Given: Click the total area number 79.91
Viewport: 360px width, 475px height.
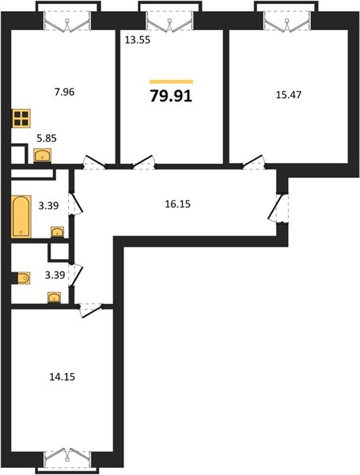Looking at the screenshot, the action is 171,97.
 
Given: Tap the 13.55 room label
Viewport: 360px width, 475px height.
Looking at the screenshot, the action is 138,40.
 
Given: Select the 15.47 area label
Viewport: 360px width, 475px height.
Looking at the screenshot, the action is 289,95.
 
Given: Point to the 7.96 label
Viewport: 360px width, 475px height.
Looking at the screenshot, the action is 64,92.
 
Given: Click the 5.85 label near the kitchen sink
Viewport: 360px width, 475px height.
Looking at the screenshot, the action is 47,139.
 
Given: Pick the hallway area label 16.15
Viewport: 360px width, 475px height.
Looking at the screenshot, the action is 177,204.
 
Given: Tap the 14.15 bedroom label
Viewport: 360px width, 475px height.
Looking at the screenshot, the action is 62,377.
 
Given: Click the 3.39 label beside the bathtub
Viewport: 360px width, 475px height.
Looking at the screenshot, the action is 48,206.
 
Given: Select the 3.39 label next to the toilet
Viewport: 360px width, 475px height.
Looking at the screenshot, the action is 55,275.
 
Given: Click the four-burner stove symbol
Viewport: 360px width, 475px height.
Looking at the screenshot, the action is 21,118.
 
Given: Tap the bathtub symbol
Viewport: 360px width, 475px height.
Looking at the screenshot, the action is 21,216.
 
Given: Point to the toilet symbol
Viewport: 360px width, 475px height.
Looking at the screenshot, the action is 24,278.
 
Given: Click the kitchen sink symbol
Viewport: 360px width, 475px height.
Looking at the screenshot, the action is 43,156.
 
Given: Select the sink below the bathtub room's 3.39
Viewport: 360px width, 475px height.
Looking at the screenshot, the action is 57,232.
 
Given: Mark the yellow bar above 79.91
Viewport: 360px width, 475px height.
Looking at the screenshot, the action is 171,82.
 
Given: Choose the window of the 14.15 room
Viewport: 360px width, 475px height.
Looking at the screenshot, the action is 67,458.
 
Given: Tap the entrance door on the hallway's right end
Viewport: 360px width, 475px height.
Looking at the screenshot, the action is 279,208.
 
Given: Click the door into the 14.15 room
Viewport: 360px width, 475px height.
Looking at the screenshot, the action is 91,310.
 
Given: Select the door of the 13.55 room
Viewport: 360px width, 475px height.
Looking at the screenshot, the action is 144,162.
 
